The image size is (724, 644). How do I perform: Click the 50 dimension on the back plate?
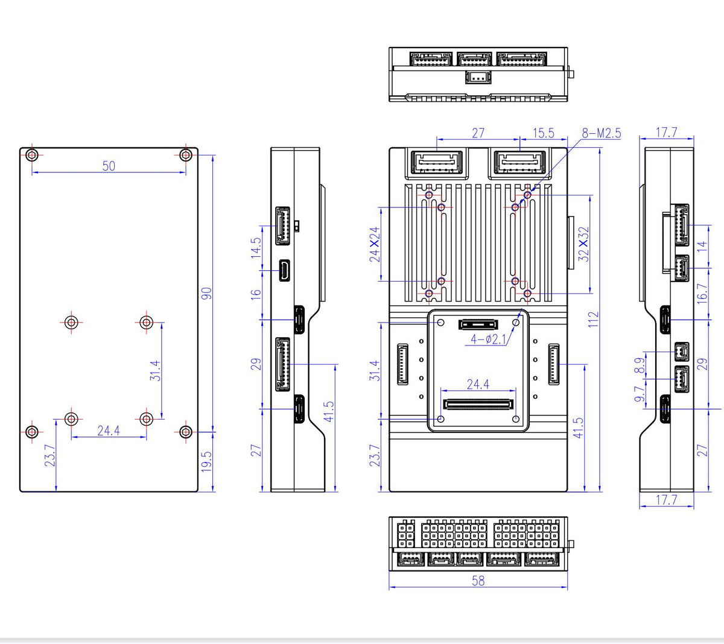109,166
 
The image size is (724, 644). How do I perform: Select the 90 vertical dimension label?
206,294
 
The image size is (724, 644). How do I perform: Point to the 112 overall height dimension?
594,319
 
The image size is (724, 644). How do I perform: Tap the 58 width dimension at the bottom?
478,581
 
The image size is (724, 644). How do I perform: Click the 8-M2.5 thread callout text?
602,133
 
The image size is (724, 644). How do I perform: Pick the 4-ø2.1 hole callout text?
489,340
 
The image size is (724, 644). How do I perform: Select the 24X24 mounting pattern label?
375,244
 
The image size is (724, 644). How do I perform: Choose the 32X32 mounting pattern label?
583,244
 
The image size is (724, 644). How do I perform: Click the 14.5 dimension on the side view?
256,248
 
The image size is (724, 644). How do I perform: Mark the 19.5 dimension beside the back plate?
206,462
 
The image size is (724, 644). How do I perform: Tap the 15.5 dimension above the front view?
543,133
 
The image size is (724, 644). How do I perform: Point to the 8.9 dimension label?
640,366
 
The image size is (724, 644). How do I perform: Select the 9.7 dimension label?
640,395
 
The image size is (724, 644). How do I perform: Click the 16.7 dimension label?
702,294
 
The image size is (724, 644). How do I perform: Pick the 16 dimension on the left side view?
256,294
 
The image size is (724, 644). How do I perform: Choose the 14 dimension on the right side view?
702,246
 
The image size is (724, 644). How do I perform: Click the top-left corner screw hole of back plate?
33,155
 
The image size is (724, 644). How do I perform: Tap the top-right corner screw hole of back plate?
186,155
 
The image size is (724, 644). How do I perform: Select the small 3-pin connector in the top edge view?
478,77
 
